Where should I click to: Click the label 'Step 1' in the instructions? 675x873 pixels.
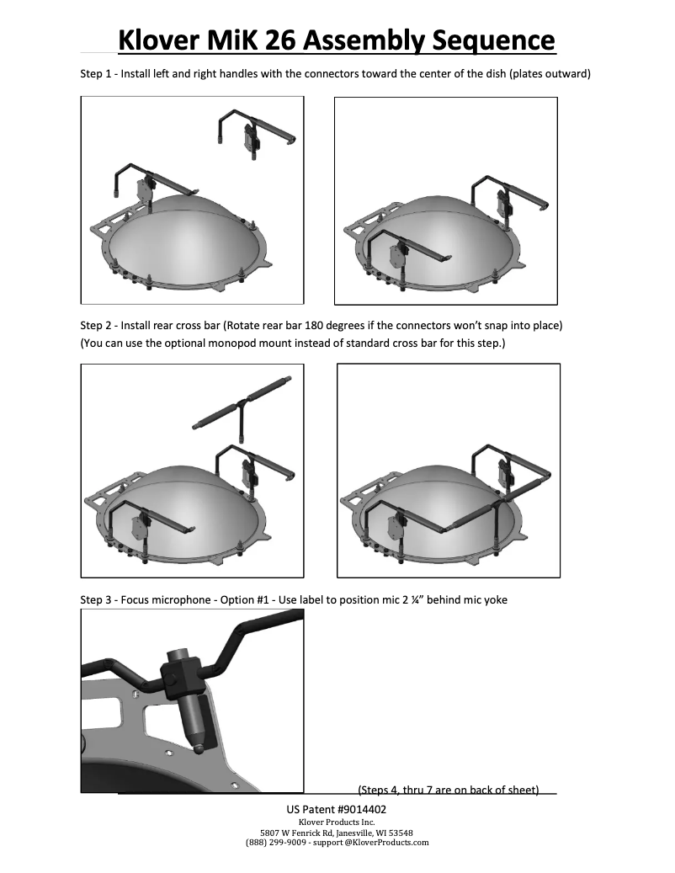pos(95,74)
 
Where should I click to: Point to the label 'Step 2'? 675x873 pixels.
pos(95,325)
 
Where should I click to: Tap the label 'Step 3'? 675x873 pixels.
pos(95,600)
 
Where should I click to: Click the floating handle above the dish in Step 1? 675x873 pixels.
pos(253,130)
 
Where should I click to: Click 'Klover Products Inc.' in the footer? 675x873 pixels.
pos(337,821)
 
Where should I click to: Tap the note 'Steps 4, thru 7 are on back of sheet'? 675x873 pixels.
pos(448,790)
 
